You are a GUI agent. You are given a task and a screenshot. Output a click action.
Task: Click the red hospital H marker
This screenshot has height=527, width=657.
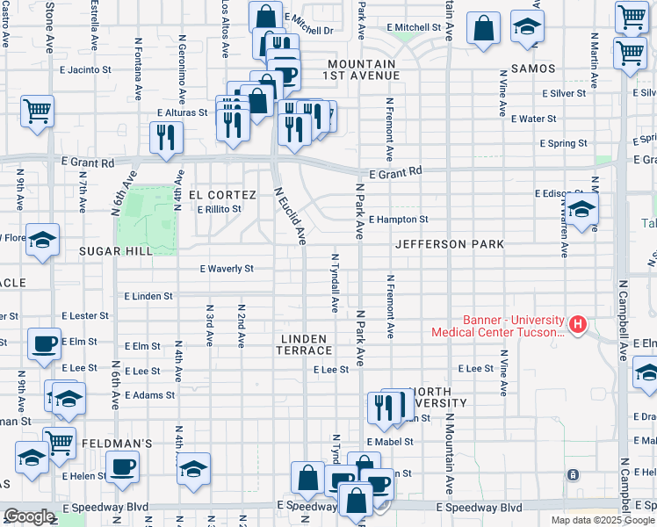pyautogui.click(x=577, y=325)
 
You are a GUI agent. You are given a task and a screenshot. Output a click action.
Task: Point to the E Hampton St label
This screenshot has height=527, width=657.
pyautogui.click(x=398, y=220)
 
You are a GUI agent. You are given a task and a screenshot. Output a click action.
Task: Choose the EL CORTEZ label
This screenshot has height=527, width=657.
pyautogui.click(x=222, y=195)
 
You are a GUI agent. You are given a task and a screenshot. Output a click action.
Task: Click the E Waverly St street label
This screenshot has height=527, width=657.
pyautogui.click(x=227, y=269)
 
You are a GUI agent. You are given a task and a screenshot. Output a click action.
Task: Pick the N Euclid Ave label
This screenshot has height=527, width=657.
pyautogui.click(x=290, y=215)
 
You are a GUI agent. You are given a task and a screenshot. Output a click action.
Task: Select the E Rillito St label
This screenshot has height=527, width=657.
pyautogui.click(x=219, y=210)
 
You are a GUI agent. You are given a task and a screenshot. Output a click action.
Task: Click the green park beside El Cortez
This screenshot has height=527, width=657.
pyautogui.click(x=147, y=215)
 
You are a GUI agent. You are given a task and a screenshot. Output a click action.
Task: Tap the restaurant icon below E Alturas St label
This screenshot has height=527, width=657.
pyautogui.click(x=165, y=137)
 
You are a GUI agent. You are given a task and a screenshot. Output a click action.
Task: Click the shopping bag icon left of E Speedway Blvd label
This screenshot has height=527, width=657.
pyautogui.click(x=308, y=480)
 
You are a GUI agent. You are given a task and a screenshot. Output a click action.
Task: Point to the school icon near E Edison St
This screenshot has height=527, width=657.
pyautogui.click(x=581, y=212)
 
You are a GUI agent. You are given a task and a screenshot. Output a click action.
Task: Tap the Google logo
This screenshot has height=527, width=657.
pyautogui.click(x=29, y=516)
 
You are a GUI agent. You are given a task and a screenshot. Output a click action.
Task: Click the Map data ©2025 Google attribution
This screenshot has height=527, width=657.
pyautogui.click(x=603, y=520)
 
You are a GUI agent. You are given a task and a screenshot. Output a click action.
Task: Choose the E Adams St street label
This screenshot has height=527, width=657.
pyautogui.click(x=149, y=396)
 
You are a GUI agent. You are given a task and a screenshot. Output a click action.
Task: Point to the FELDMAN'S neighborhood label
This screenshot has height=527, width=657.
pyautogui.click(x=117, y=444)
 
